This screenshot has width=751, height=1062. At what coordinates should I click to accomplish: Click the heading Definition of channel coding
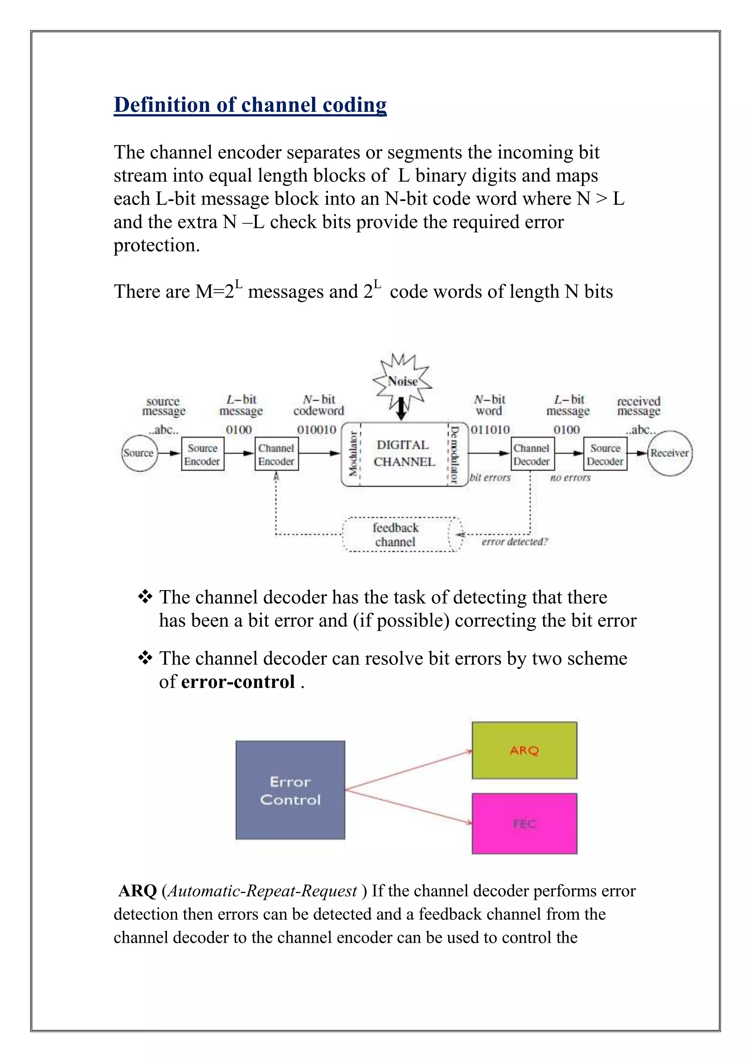click(250, 105)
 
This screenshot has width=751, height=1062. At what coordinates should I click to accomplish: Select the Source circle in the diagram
click(139, 453)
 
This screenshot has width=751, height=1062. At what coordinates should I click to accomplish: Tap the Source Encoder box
click(202, 454)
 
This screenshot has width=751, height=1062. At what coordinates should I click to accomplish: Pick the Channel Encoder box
click(276, 454)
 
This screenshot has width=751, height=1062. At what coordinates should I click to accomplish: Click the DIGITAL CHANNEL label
click(404, 453)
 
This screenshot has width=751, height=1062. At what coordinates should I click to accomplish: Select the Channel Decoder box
click(531, 454)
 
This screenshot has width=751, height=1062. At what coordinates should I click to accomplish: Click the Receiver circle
click(669, 453)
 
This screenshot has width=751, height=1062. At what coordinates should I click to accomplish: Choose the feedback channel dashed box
click(395, 535)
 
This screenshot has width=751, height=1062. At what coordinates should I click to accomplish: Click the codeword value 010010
click(317, 430)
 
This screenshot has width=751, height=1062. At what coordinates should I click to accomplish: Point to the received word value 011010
click(490, 430)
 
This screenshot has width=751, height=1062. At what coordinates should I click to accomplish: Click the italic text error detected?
click(514, 542)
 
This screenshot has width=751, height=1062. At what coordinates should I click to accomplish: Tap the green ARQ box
click(524, 750)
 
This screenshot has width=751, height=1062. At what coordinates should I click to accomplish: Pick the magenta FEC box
click(524, 824)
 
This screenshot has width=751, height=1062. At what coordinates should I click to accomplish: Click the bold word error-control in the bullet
click(238, 682)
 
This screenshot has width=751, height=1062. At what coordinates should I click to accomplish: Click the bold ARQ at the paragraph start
click(138, 891)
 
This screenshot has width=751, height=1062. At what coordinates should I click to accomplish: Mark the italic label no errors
click(570, 478)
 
